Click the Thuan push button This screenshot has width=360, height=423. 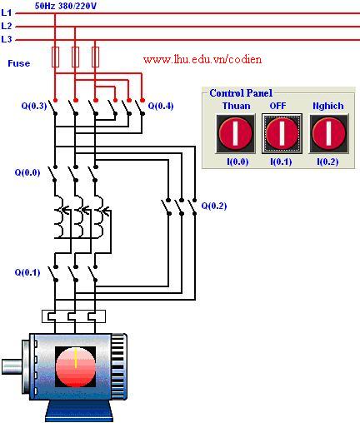click(x=236, y=133)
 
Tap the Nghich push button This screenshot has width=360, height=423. click(x=328, y=133)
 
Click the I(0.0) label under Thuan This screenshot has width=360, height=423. click(x=237, y=162)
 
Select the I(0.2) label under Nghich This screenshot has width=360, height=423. click(x=327, y=162)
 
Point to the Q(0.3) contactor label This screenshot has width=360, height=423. click(x=34, y=106)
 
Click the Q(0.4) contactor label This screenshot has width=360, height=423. click(x=161, y=106)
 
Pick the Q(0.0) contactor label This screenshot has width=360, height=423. click(x=27, y=172)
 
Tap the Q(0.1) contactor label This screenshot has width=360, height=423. click(x=27, y=272)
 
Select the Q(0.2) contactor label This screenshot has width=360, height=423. click(x=214, y=206)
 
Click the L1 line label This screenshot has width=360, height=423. click(x=7, y=12)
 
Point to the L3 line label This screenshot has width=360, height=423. click(x=7, y=39)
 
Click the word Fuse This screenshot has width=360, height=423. click(x=18, y=63)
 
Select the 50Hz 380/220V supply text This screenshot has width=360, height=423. click(x=66, y=6)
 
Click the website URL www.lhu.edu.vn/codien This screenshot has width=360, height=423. click(x=202, y=59)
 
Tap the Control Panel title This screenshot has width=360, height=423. click(x=241, y=93)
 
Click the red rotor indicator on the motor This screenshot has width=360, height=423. click(x=76, y=366)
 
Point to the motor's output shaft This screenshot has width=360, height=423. click(x=12, y=366)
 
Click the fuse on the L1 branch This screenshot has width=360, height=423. click(x=55, y=57)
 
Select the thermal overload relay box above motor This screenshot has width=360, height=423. click(x=73, y=316)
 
